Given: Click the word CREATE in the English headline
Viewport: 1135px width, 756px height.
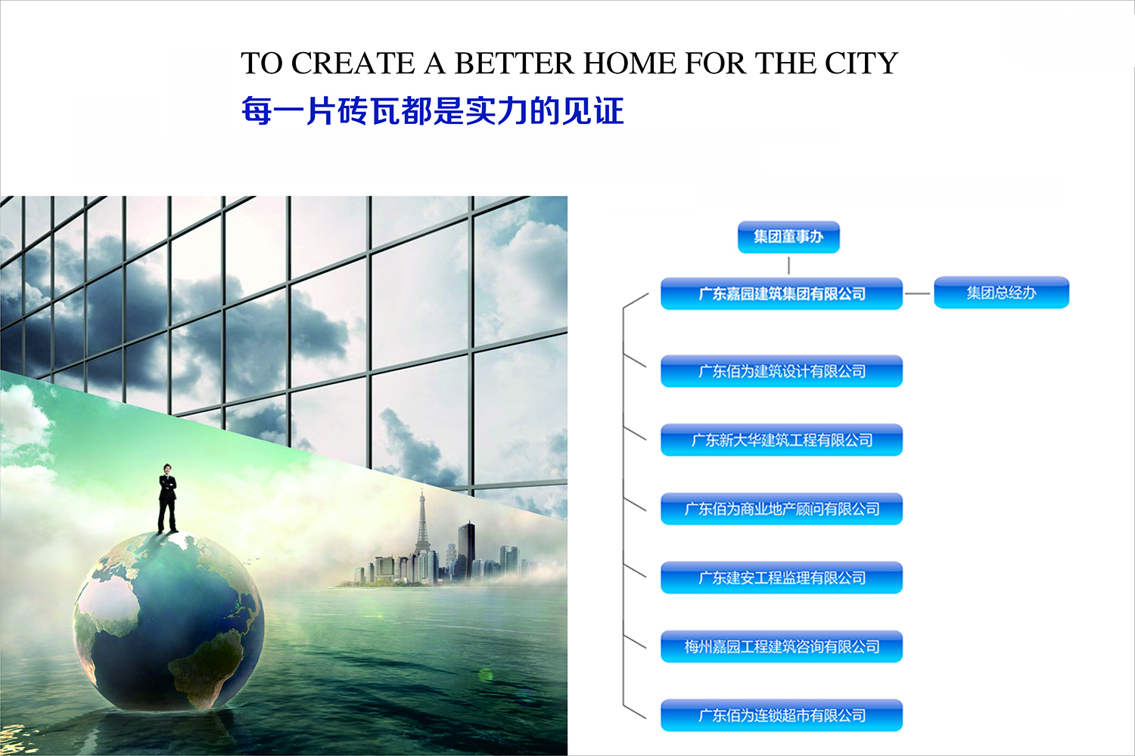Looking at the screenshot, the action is [x=353, y=64].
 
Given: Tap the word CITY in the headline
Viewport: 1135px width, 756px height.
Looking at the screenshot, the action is [x=861, y=64].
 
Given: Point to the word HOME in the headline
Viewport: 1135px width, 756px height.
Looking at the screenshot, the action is [x=630, y=64].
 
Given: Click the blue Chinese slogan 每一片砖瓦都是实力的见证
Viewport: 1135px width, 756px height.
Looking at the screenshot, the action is [x=432, y=111].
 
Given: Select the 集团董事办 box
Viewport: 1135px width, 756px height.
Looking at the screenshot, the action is [x=788, y=237].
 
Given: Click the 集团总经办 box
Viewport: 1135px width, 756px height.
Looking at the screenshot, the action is [x=1001, y=292].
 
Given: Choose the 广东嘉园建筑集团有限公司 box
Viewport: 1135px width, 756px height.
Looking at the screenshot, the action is [x=782, y=293].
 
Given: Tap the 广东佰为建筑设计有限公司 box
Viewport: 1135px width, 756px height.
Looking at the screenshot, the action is [x=782, y=371].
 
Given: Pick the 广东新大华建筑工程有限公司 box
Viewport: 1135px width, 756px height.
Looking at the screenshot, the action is [x=782, y=440].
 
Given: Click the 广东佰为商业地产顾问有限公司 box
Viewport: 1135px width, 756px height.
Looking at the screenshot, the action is [x=782, y=509].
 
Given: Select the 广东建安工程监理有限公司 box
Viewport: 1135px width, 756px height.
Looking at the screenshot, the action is [x=782, y=578].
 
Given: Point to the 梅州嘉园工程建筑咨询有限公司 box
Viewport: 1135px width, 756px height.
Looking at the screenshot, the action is [x=782, y=646].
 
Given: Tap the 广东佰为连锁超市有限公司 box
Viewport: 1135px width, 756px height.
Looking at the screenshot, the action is [x=782, y=715].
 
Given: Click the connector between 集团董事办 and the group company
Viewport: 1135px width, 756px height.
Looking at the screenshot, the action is [x=788, y=265].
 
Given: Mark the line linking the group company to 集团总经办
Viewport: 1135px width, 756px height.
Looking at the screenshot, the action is [x=917, y=293].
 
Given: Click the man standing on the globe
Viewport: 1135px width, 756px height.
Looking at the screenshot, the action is [x=167, y=498].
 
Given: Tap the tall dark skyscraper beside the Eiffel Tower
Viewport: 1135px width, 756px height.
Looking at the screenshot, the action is [x=466, y=551].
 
